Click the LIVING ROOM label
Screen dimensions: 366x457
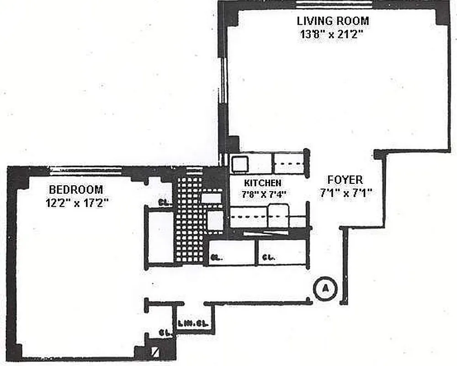[x=333, y=21]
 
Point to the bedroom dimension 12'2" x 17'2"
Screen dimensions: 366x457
[x=76, y=203]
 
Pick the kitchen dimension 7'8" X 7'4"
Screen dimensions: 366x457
[x=264, y=194]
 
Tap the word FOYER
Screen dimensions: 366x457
[x=345, y=180]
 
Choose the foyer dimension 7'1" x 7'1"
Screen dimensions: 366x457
[x=345, y=194]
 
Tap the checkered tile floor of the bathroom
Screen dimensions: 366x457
[x=188, y=220]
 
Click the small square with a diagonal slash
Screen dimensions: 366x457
[x=156, y=352]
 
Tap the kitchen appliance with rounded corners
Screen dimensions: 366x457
[x=278, y=216]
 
